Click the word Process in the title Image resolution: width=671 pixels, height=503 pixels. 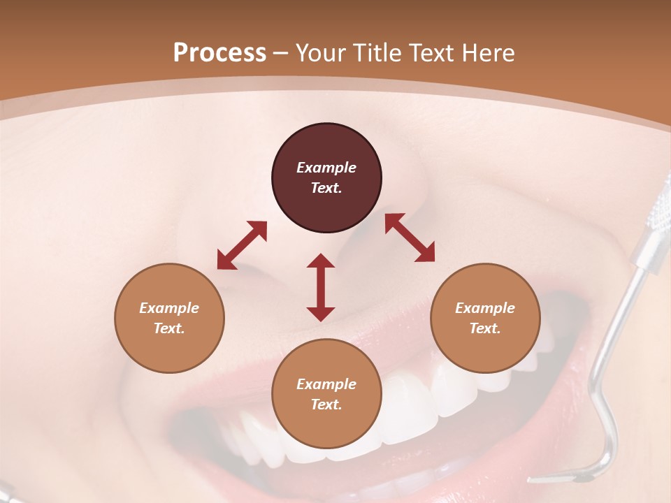(x=219, y=53)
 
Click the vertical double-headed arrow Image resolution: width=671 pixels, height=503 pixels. (x=321, y=287)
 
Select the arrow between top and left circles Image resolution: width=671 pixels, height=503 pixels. (x=242, y=245)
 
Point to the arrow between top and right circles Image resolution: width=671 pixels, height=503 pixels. (x=410, y=238)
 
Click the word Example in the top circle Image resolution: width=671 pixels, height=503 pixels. (x=326, y=168)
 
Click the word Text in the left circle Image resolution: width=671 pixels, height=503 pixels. (x=169, y=328)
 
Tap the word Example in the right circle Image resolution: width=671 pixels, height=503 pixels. (x=485, y=308)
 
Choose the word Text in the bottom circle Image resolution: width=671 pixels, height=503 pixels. (x=326, y=404)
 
